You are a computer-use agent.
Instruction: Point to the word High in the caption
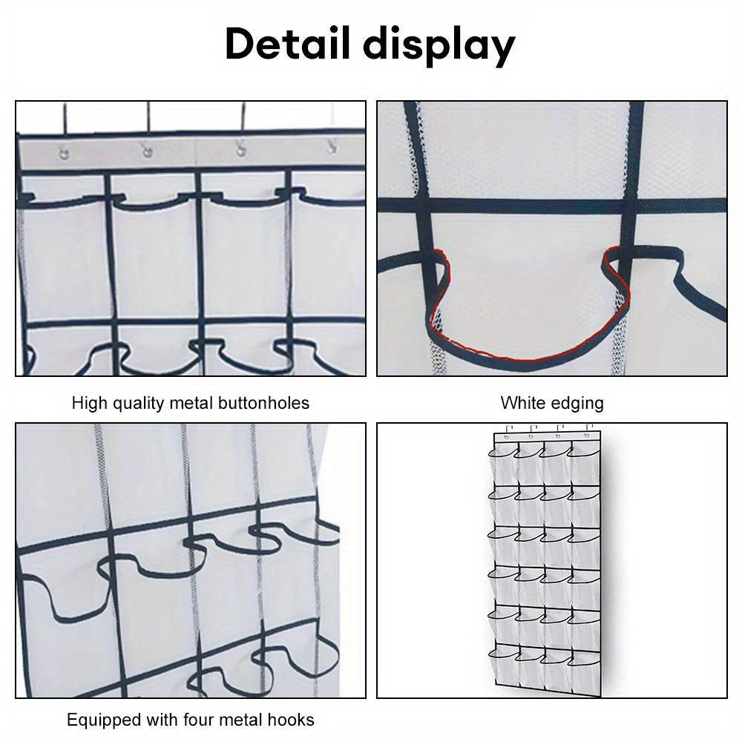(x=88, y=403)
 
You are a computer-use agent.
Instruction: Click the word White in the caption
(x=522, y=403)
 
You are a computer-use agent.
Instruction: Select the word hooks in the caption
(x=290, y=719)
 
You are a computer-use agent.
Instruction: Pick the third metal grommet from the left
(x=240, y=151)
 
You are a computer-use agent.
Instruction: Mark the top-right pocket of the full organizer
(x=583, y=462)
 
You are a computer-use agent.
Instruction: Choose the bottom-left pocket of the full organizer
(x=503, y=664)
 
